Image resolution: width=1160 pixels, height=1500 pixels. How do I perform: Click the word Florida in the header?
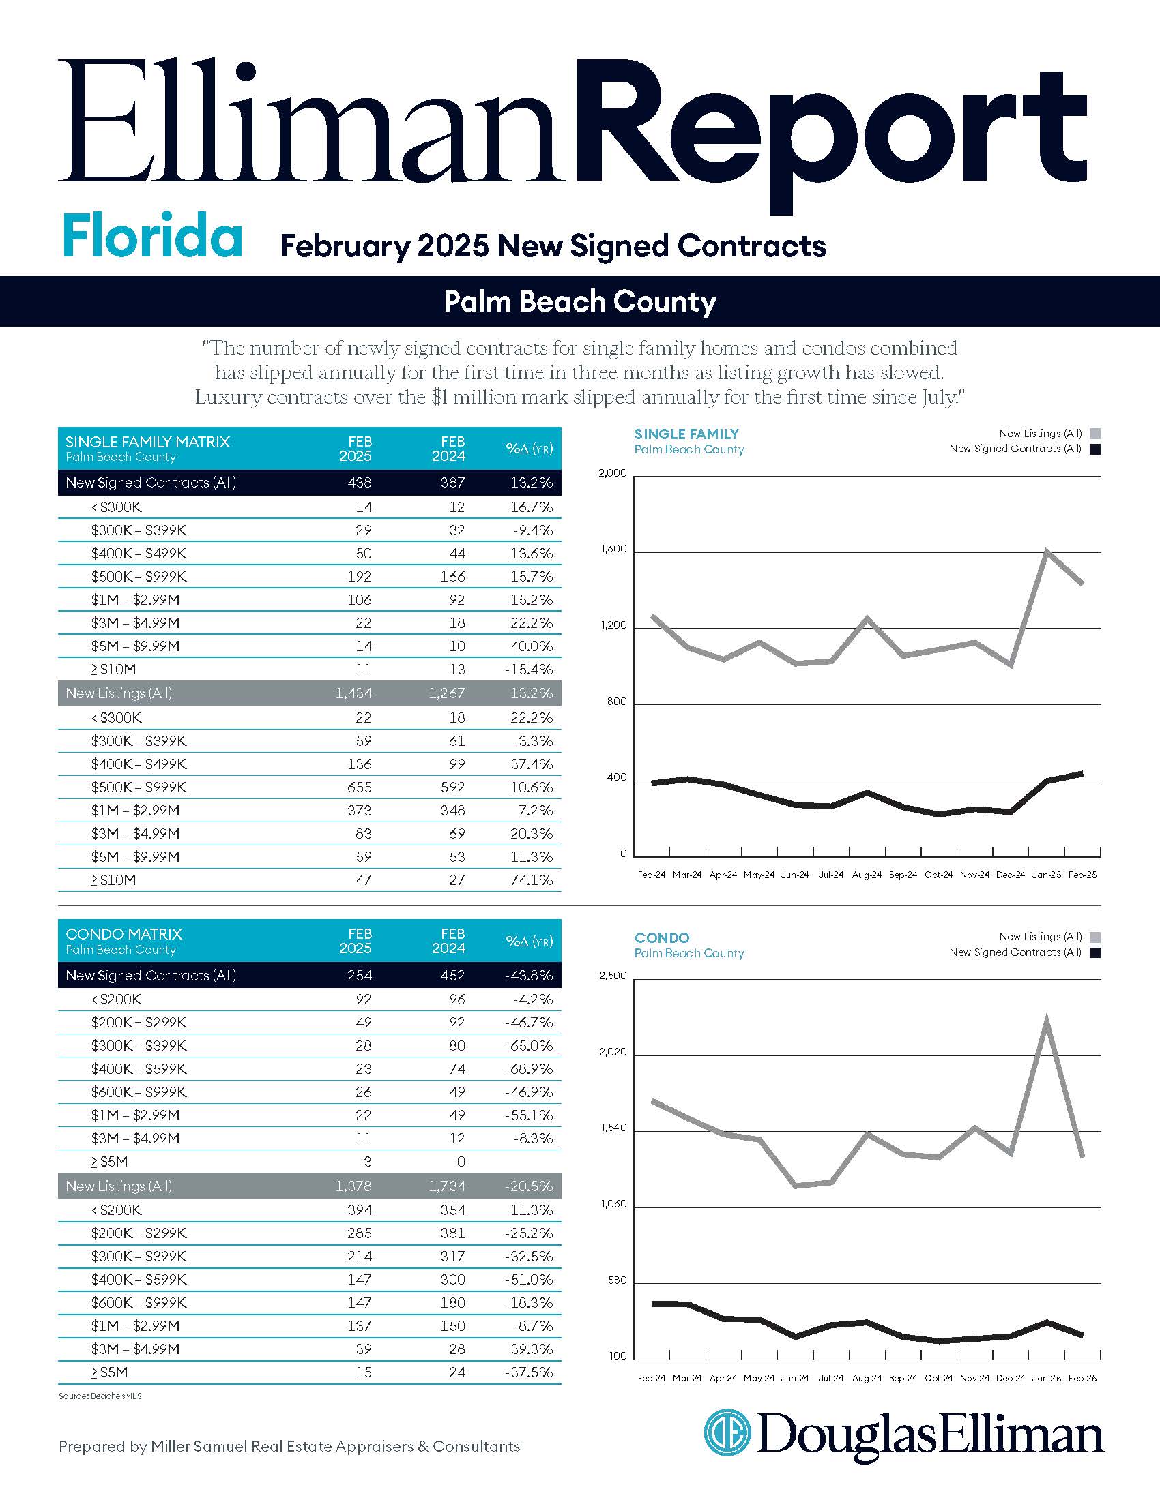tap(152, 236)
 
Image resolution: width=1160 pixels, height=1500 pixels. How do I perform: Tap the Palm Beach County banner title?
tap(579, 301)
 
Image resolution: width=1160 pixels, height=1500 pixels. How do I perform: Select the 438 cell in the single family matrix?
tap(360, 483)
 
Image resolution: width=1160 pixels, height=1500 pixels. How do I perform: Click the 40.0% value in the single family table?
tap(531, 646)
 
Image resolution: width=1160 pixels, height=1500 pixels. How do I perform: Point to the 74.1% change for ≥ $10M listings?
tap(531, 880)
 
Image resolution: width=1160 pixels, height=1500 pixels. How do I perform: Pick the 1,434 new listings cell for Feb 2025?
tap(354, 693)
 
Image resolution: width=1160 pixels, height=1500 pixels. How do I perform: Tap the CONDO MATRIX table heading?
tap(124, 934)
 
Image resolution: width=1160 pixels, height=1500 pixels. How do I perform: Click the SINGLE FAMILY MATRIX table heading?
tap(148, 442)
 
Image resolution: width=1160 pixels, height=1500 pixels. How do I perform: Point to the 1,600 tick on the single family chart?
tap(613, 549)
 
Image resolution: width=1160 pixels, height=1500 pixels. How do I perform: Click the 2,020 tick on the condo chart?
tap(613, 1052)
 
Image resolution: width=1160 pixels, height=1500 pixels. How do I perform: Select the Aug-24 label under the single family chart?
tap(867, 875)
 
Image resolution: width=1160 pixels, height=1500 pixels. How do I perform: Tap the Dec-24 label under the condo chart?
tap(1010, 1379)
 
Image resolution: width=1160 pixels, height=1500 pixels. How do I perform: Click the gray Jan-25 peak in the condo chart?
tap(1046, 1019)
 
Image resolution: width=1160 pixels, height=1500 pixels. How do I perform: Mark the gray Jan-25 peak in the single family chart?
tap(1046, 551)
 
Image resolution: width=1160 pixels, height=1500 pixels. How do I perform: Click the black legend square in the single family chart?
tap(1095, 449)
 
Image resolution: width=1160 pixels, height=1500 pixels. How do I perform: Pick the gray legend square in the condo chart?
tap(1095, 937)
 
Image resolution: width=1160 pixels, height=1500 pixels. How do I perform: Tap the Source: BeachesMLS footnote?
tap(100, 1396)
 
